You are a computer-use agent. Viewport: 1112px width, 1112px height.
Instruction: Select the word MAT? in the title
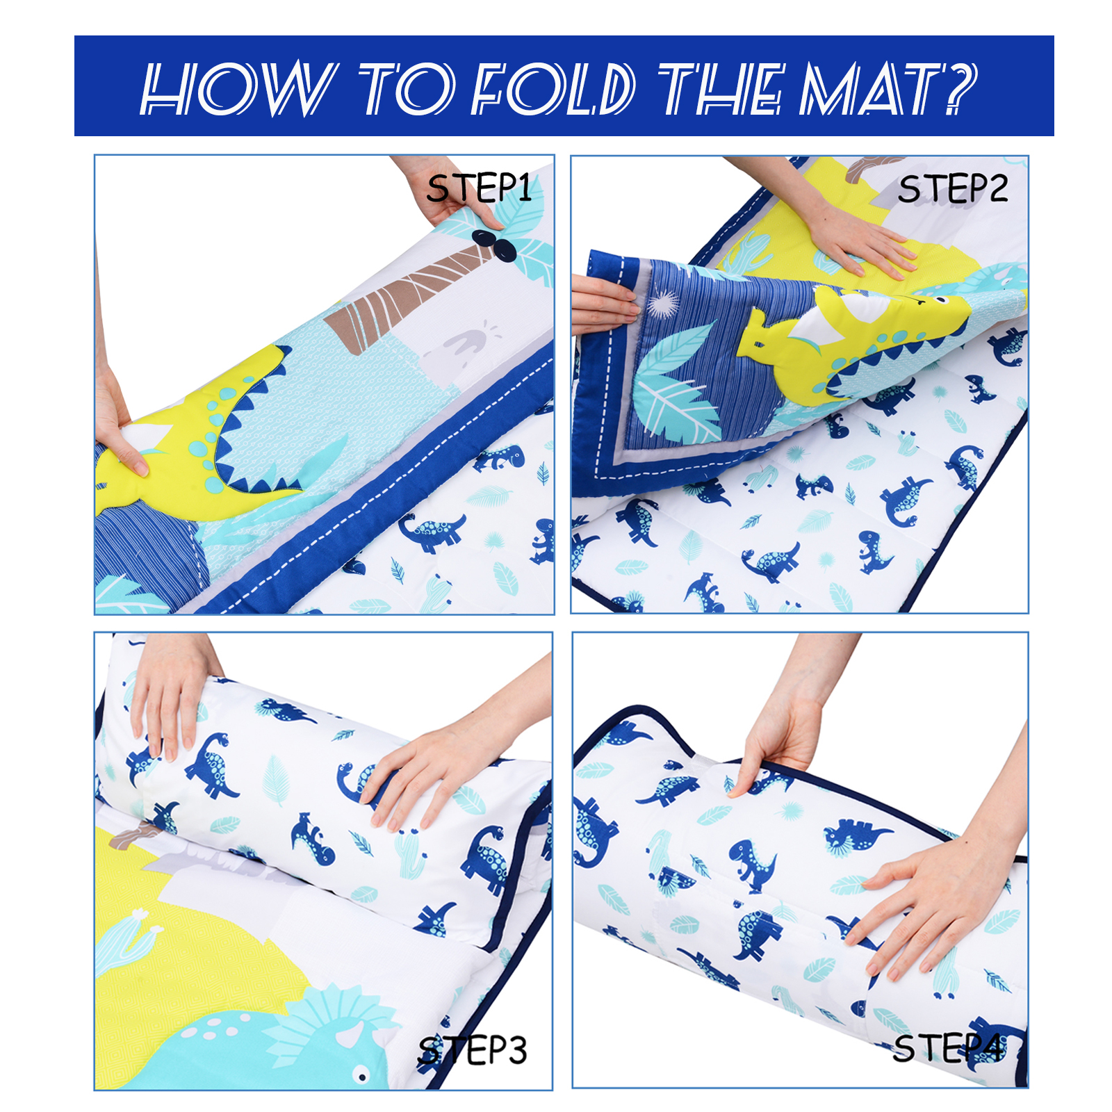coord(888,88)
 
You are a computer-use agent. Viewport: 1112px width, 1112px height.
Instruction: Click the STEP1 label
coord(479,188)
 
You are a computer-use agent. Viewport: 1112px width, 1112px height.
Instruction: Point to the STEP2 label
coord(952,188)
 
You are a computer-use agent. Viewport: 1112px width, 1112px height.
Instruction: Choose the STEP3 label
coord(473,1049)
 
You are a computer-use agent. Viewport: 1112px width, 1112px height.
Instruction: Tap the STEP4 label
coord(948,1048)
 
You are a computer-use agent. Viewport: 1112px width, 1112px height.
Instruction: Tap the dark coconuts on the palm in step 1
coord(495,245)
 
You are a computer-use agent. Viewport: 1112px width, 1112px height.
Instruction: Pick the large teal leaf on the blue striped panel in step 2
coord(678,382)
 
